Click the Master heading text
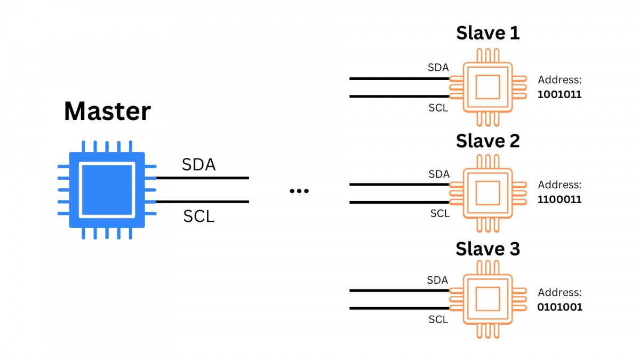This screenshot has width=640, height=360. tap(107, 111)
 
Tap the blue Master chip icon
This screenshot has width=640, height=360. tap(107, 190)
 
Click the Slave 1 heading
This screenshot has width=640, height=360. tap(487, 33)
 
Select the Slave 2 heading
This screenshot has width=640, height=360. tap(487, 141)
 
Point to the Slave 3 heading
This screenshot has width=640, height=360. tap(487, 249)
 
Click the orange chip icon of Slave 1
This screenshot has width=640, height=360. tap(487, 87)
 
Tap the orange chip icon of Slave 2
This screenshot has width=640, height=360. tap(487, 193)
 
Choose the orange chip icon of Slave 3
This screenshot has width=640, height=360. tap(487, 299)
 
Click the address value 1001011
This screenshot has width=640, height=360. tap(559, 95)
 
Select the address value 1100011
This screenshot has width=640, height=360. tap(559, 200)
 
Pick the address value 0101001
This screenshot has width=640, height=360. tap(559, 308)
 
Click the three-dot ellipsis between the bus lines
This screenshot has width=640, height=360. tap(299, 191)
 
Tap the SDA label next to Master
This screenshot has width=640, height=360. tap(198, 165)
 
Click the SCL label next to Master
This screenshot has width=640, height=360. tap(198, 216)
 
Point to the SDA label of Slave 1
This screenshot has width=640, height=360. tap(438, 68)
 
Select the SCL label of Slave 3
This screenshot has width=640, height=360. tap(438, 319)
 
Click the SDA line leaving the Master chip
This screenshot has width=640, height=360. tap(203, 178)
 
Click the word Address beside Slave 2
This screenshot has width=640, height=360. tap(559, 185)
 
